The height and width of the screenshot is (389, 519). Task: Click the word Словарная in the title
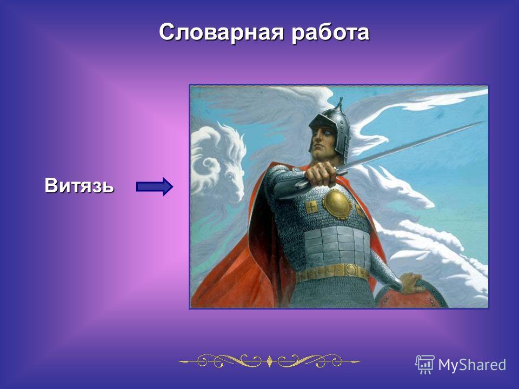pos(222,32)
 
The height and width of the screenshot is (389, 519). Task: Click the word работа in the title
pos(330,33)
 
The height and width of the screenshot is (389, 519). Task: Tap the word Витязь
pos(79,185)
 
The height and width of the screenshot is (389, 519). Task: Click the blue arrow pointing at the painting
pos(155,186)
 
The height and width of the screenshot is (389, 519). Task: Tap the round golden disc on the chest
pos(337,204)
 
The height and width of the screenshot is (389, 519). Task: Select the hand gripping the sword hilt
pos(321,174)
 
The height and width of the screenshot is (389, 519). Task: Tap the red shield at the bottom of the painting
pos(410,295)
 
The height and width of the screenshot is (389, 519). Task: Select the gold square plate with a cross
pos(311,207)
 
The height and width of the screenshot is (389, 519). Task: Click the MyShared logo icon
pos(425,365)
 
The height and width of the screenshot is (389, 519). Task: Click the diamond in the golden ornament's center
pos(269,361)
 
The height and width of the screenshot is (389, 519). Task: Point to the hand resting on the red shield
pos(414,283)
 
